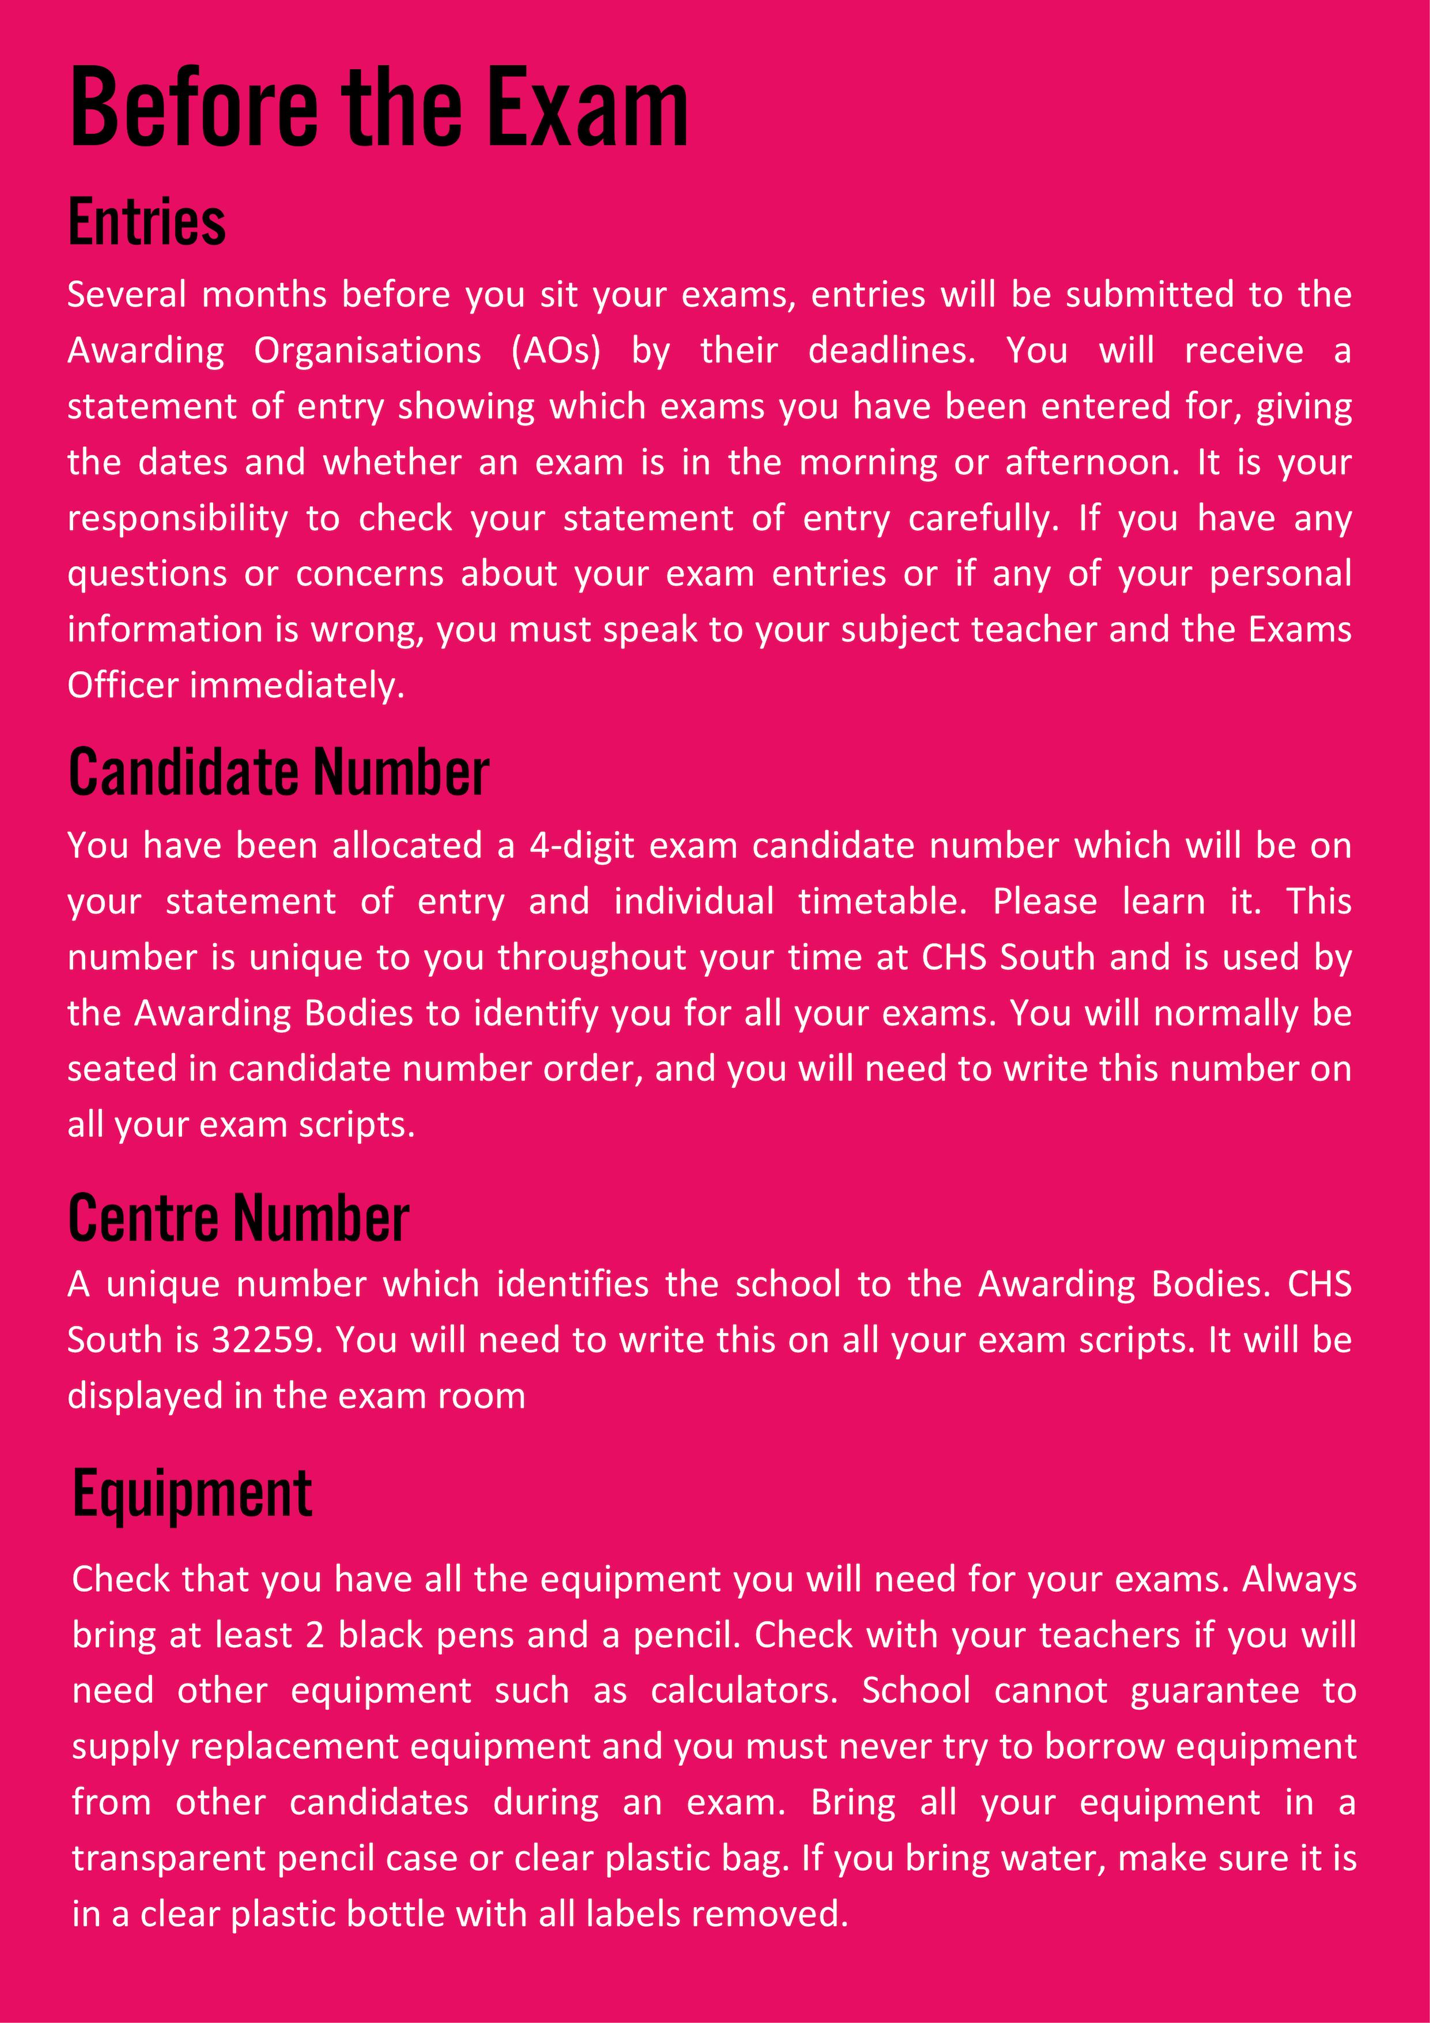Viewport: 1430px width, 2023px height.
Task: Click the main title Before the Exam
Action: [x=379, y=108]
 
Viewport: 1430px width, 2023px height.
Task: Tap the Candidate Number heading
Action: [x=278, y=773]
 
